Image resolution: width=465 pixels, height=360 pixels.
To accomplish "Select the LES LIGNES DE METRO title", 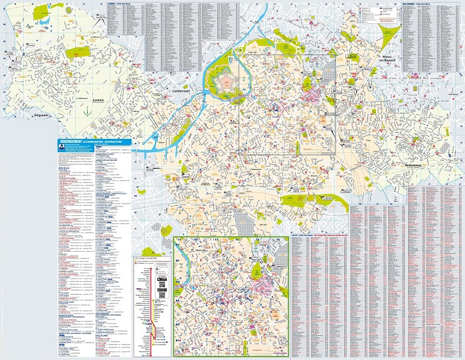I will tap(149, 256).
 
